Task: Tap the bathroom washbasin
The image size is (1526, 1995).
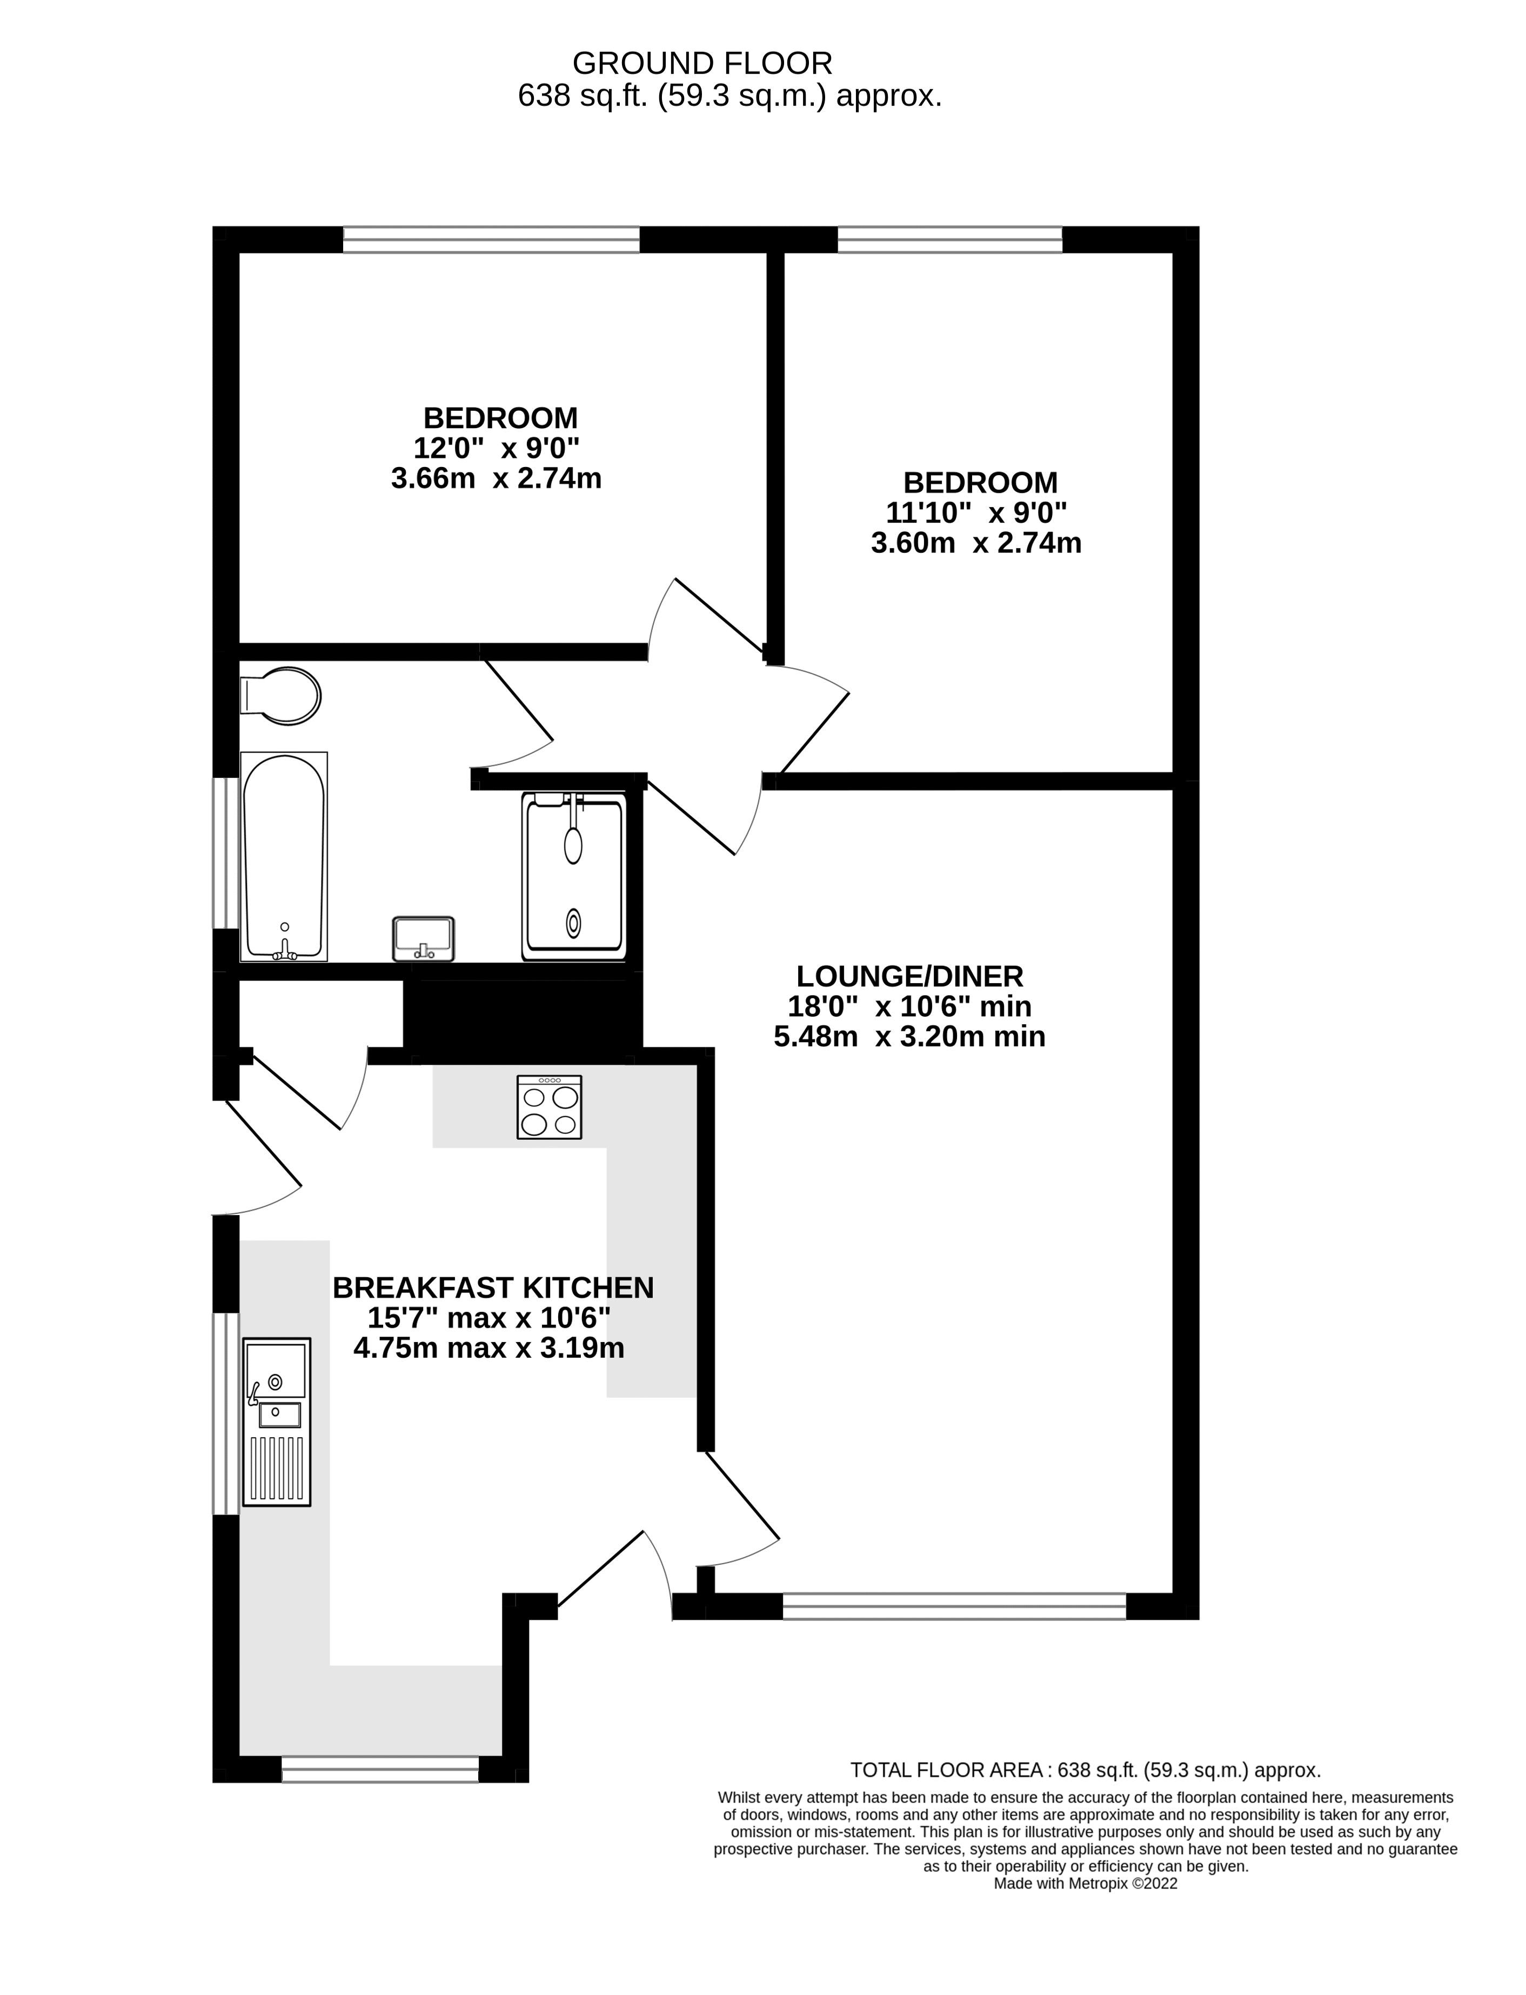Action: click(x=423, y=938)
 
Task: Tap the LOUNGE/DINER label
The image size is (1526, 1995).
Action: click(x=909, y=977)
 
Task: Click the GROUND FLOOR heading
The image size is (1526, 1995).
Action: click(x=702, y=64)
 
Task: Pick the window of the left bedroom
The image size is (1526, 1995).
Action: click(x=491, y=240)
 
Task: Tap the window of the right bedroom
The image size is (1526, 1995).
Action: click(x=949, y=240)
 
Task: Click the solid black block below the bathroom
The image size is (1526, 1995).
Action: click(x=523, y=1015)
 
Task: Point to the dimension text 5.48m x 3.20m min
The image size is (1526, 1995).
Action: click(x=909, y=1037)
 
